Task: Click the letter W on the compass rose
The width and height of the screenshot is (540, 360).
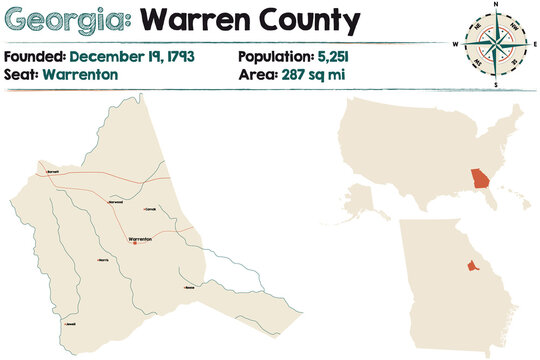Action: tap(456, 45)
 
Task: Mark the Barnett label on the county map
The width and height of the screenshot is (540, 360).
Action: tap(54, 172)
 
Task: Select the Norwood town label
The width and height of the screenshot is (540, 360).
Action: tap(115, 203)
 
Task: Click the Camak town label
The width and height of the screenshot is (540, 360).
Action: tap(151, 210)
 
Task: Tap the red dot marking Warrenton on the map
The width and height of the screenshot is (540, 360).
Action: tap(134, 244)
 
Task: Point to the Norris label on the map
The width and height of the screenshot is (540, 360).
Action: tap(102, 260)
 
